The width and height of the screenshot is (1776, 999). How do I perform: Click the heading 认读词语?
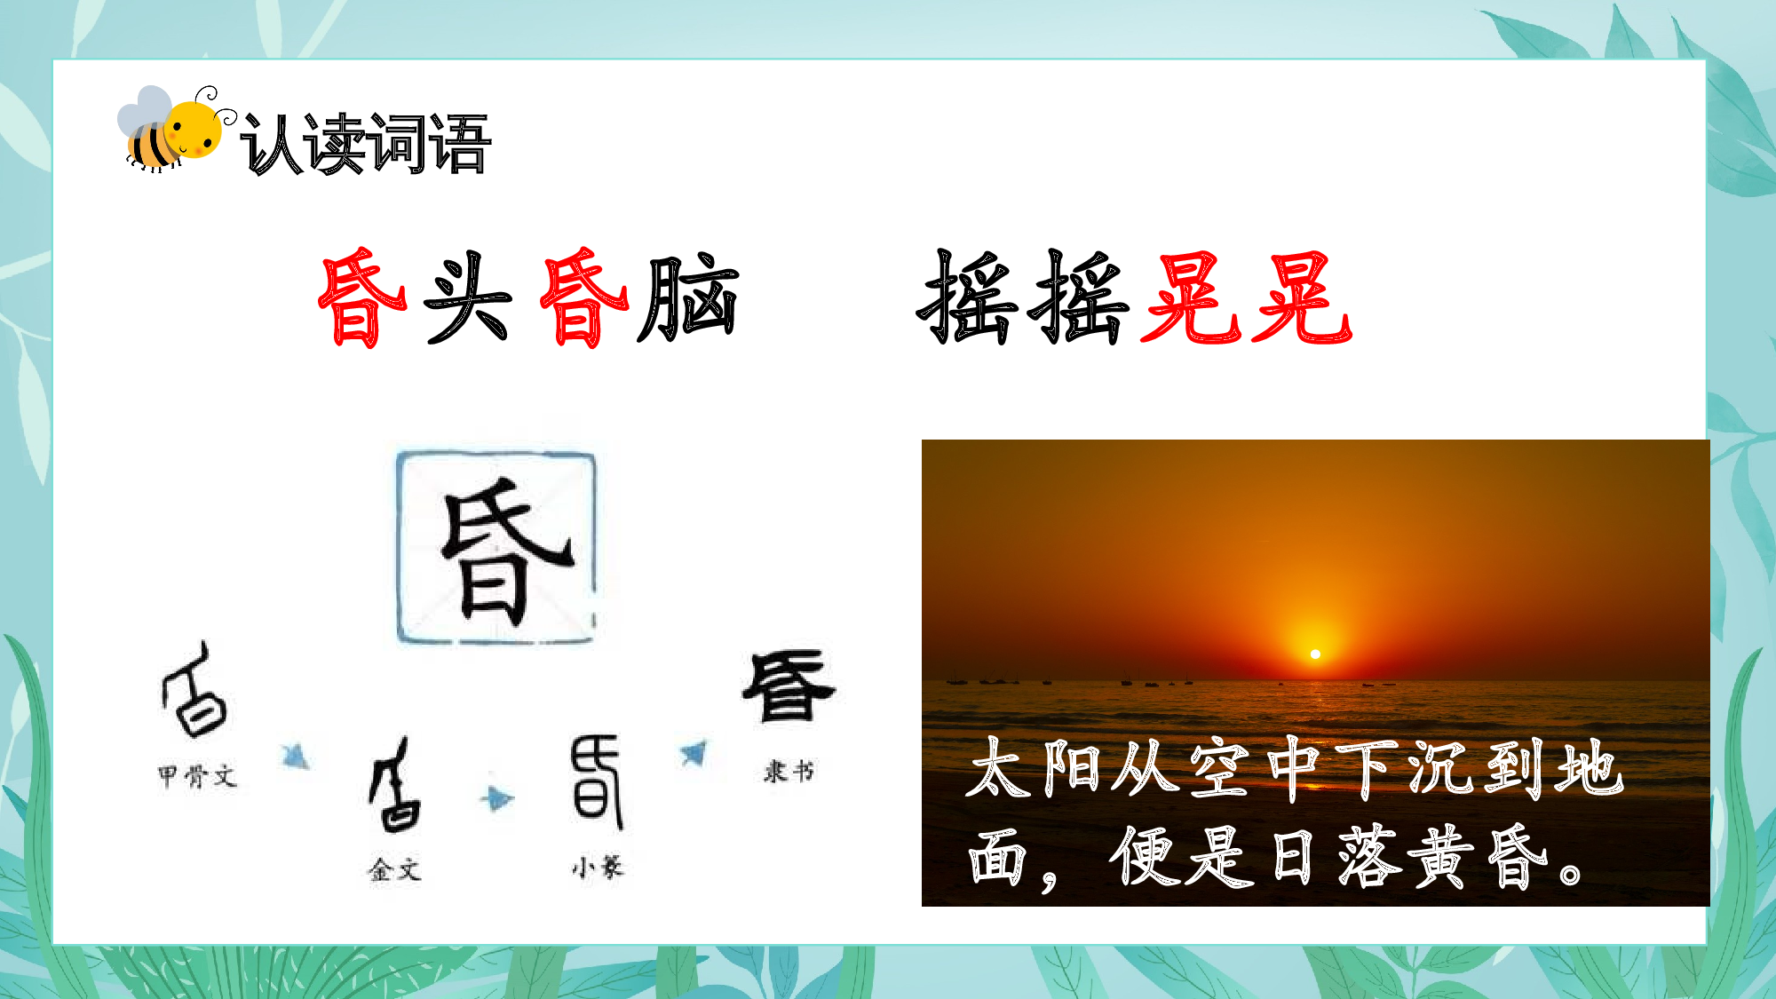(x=365, y=144)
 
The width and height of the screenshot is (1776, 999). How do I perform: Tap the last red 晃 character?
(x=1301, y=297)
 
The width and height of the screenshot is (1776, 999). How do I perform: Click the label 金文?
(x=394, y=869)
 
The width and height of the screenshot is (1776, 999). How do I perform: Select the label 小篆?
(x=598, y=868)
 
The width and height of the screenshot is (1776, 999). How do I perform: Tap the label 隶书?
(x=789, y=771)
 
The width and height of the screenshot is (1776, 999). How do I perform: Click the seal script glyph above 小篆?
(x=596, y=779)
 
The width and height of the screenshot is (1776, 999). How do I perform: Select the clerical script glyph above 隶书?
(x=789, y=686)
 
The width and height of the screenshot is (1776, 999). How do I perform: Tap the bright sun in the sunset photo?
(x=1315, y=654)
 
